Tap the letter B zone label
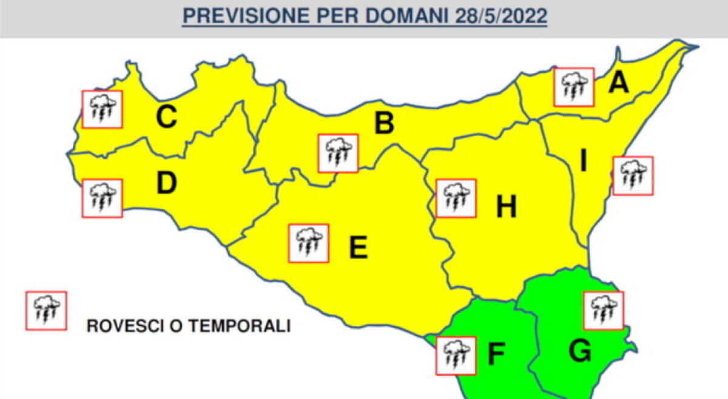coord(383,123)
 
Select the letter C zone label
coord(166,117)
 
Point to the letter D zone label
coord(166,183)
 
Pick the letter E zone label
coord(359,247)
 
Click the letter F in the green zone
coord(496,355)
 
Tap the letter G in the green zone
coord(580,352)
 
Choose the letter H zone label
coord(506,208)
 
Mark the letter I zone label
coord(584,162)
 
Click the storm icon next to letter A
coord(574,87)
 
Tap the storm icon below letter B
coord(339,154)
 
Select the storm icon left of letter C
coord(103,109)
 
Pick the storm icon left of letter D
coord(102,198)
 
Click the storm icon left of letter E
coord(309,243)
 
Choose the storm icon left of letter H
coord(456,198)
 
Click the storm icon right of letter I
coord(633,176)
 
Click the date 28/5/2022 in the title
coord(500,16)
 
